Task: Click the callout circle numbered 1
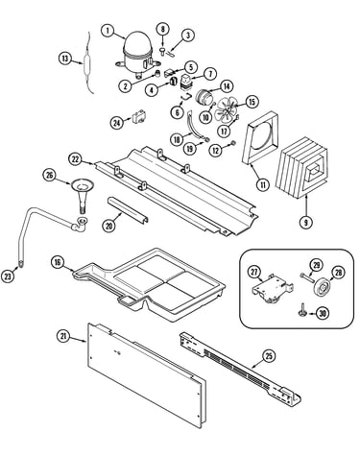point(108,31)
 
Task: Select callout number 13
point(65,59)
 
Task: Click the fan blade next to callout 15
point(226,110)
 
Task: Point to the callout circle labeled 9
point(306,222)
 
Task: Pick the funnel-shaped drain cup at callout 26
point(83,195)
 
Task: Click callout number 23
point(8,276)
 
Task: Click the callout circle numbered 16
point(58,262)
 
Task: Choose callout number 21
point(63,336)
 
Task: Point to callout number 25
point(269,355)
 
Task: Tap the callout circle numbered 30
point(323,313)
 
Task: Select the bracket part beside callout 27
point(272,287)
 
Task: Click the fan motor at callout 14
point(204,97)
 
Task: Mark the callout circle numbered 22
point(76,159)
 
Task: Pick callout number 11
point(263,185)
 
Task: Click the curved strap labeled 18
point(194,126)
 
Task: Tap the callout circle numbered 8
point(163,29)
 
